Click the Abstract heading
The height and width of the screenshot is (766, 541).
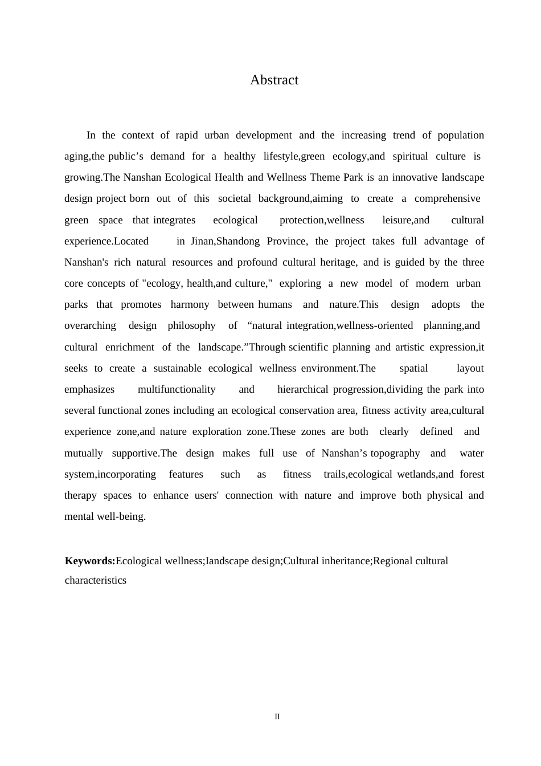click(274, 80)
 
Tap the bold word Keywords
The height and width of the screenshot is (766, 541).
click(90, 561)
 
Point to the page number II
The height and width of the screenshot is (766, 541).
click(277, 717)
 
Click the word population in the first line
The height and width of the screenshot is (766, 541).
click(461, 135)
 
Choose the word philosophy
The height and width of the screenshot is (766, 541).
click(191, 325)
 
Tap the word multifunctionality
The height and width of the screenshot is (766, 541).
click(177, 389)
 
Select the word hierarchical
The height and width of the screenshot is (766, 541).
click(302, 389)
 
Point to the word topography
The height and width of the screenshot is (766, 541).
click(395, 453)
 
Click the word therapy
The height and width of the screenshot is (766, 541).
click(80, 495)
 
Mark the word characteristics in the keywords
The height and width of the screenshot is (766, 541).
click(96, 580)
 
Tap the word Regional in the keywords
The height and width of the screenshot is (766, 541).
click(391, 561)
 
